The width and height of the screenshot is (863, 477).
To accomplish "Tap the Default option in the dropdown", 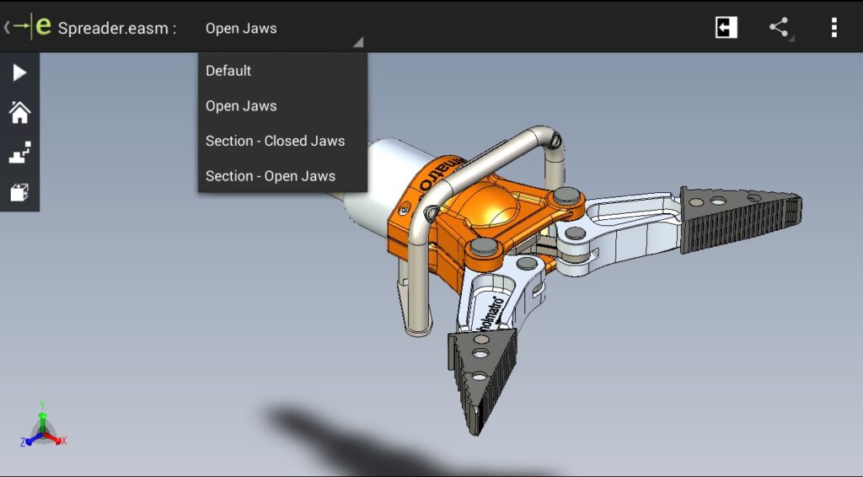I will coord(228,71).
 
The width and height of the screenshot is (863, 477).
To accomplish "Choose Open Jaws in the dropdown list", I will coord(241,106).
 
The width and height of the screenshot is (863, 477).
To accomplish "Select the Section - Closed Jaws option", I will coord(275,141).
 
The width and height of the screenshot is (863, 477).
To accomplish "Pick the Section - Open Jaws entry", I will coord(271,176).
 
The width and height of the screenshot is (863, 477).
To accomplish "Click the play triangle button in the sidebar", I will coord(19,73).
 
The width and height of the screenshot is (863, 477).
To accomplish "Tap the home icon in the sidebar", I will coord(19,113).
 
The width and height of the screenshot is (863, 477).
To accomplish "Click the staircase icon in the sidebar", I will coord(19,153).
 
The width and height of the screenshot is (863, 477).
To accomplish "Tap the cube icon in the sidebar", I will coord(19,193).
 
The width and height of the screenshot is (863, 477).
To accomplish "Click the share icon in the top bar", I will coord(780,28).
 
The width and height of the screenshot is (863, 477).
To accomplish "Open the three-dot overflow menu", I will coord(834,28).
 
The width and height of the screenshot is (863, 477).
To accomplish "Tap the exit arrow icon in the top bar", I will coord(726,28).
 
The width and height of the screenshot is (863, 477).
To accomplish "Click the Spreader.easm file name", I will coord(117,28).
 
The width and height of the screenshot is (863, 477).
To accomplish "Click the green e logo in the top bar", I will coord(42,27).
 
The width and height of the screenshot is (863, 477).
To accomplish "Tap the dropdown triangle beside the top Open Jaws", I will coord(358,41).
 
